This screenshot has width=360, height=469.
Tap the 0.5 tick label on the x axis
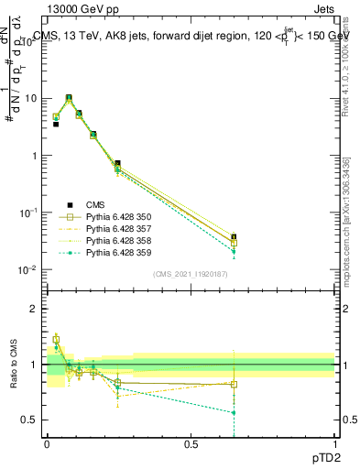coord(191,444)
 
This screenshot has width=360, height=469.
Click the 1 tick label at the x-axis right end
coord(334,444)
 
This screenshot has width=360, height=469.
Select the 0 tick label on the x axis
coord(47,444)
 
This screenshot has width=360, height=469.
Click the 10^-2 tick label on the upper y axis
coord(29,269)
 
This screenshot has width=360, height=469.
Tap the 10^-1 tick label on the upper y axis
coord(29,213)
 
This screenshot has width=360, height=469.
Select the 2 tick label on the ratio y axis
coord(36,309)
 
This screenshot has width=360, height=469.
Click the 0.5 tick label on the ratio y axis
coord(31,420)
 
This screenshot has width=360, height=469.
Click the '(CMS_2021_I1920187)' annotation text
coord(191,274)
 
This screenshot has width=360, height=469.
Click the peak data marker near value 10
coord(69,98)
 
